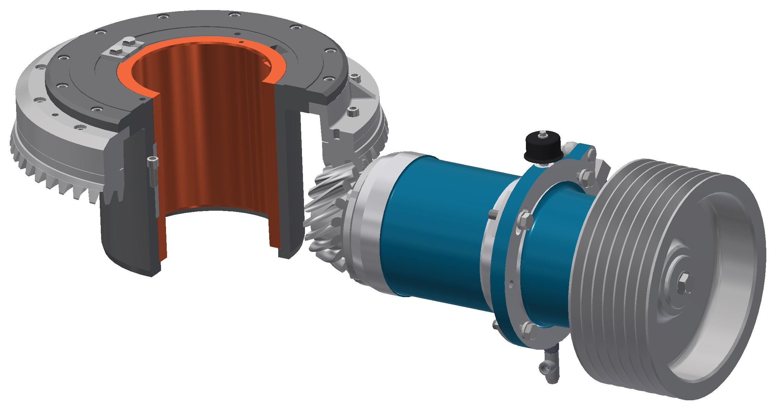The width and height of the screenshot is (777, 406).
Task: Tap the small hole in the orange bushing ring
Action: pos(242,42)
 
